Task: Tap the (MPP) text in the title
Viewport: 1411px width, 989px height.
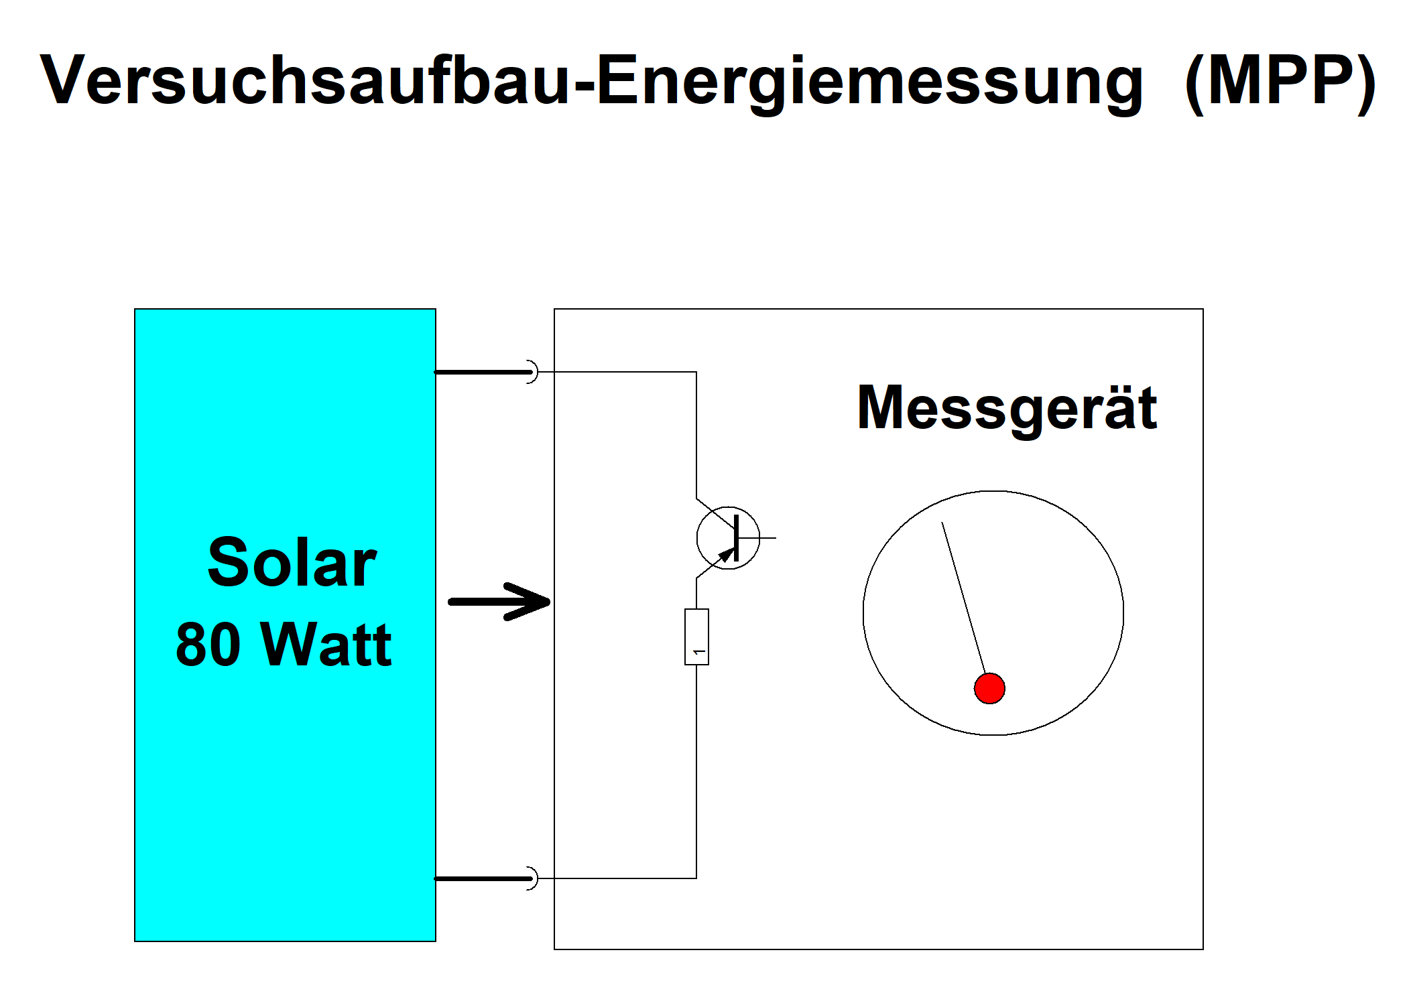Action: [1280, 80]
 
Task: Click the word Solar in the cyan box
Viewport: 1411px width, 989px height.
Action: [292, 563]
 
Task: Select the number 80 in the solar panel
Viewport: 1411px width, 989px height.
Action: [208, 645]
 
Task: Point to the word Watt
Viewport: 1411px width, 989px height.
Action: [326, 645]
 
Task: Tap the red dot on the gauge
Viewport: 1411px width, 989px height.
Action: [989, 688]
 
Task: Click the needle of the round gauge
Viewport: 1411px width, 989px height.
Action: [963, 596]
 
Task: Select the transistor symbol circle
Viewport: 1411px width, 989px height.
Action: [728, 537]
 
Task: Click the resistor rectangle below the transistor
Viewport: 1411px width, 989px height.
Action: [696, 637]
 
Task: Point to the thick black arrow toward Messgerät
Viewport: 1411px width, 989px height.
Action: [499, 601]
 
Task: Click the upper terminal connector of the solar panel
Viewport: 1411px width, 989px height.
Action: [532, 371]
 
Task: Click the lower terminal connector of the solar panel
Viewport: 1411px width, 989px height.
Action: [532, 878]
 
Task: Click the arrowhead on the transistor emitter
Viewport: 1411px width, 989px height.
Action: [726, 555]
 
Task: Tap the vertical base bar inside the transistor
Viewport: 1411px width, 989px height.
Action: [736, 537]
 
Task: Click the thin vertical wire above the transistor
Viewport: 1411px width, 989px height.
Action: [696, 436]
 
